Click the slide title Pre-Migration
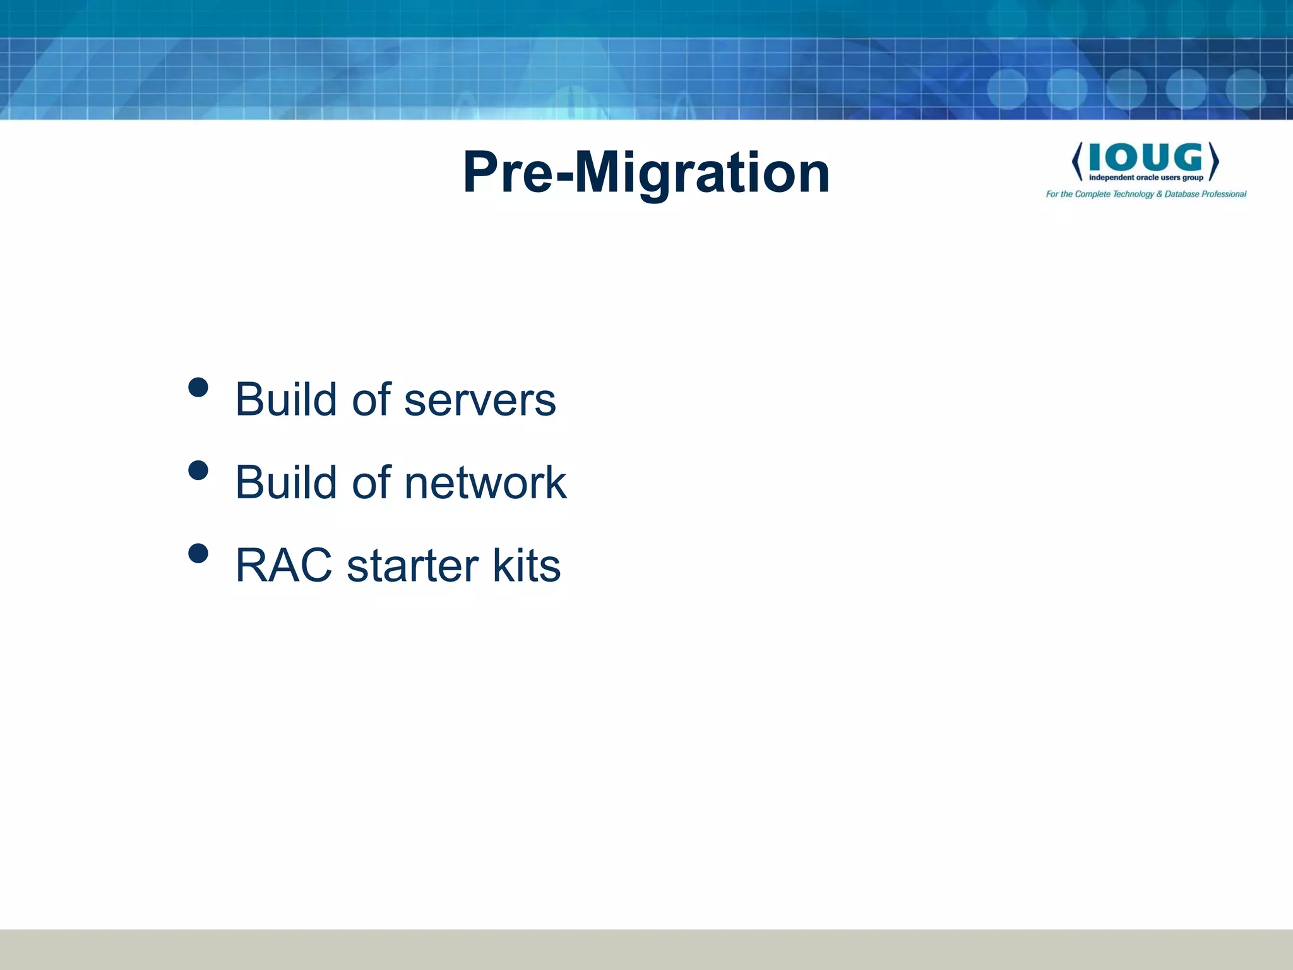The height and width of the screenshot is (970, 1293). (646, 172)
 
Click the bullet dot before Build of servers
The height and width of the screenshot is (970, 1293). (198, 387)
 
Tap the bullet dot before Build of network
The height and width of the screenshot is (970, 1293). (198, 470)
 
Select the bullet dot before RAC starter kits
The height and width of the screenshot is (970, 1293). (198, 553)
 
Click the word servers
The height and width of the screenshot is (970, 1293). (480, 400)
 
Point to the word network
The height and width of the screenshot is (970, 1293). (485, 482)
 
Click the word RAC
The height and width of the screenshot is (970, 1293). (283, 565)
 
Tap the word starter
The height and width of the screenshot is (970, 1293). (412, 565)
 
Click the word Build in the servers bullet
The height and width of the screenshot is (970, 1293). (286, 400)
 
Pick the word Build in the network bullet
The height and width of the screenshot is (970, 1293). (286, 482)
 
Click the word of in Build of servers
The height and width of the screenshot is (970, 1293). (371, 400)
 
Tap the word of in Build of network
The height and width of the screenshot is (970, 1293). (371, 482)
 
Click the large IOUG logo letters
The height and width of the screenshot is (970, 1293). (1145, 157)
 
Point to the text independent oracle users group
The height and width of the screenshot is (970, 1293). (1146, 178)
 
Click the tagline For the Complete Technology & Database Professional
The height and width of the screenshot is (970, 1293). (1146, 194)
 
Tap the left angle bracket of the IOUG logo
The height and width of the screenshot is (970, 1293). (1077, 161)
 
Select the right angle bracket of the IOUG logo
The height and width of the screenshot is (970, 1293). (1213, 161)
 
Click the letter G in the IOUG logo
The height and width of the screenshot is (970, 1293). (1186, 157)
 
